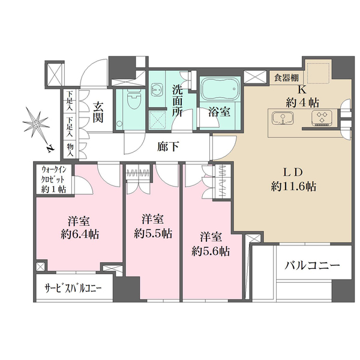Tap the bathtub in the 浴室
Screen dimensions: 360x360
(220, 89)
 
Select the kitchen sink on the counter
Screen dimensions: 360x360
(283, 118)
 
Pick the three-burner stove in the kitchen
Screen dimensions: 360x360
(322, 118)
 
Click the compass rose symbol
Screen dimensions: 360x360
(35, 124)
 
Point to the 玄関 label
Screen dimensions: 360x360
(98, 112)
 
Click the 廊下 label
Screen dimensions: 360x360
(168, 146)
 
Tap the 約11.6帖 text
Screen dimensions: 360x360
(293, 187)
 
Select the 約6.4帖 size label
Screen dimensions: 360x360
(80, 235)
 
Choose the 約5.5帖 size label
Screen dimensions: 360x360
(153, 234)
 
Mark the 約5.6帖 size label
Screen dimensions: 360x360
(211, 251)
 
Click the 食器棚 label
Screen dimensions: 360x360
(287, 78)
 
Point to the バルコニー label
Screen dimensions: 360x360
(312, 266)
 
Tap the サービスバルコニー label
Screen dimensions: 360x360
(73, 287)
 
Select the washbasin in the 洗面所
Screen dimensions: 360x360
(157, 89)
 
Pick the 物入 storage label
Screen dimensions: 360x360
(70, 150)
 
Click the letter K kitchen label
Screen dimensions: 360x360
(302, 90)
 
